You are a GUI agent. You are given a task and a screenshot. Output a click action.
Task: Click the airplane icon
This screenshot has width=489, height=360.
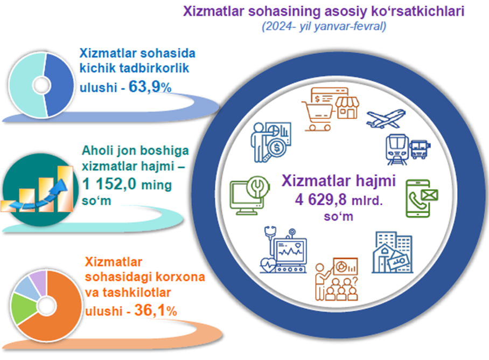[x=386, y=119]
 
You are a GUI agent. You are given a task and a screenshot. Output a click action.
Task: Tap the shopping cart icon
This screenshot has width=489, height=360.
[x=317, y=115]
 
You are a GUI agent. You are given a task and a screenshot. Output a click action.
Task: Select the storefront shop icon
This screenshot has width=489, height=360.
[x=347, y=108]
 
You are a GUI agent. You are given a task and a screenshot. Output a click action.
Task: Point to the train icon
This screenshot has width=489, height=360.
[x=397, y=149]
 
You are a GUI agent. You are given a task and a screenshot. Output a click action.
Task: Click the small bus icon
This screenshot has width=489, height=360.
[x=420, y=149]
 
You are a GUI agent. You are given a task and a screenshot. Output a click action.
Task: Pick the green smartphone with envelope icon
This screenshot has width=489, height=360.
[x=422, y=198]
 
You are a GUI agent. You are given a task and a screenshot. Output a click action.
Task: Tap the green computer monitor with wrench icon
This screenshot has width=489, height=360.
[x=249, y=195]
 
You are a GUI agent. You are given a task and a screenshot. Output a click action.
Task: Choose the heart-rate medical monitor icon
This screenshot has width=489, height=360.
[x=284, y=250]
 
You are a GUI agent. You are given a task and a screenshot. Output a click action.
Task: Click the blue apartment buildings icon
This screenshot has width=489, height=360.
[x=392, y=252]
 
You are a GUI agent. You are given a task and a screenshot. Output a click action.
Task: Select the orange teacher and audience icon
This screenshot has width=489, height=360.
[x=336, y=279]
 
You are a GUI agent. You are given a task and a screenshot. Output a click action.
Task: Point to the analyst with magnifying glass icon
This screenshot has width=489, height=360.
[x=271, y=142]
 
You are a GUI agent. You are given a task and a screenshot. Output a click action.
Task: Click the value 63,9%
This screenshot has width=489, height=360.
[x=150, y=87]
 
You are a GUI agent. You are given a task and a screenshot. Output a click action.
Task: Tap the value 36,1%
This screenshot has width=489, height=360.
[x=156, y=310]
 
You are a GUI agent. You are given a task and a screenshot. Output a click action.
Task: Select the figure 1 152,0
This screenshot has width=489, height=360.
[x=109, y=183]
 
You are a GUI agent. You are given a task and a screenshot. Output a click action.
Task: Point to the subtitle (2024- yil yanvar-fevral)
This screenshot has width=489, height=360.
[x=324, y=26]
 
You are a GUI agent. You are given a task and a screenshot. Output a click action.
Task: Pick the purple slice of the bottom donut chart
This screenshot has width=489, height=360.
[x=39, y=282]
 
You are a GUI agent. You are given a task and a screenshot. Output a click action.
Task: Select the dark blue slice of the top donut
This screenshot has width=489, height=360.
[x=59, y=85]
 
